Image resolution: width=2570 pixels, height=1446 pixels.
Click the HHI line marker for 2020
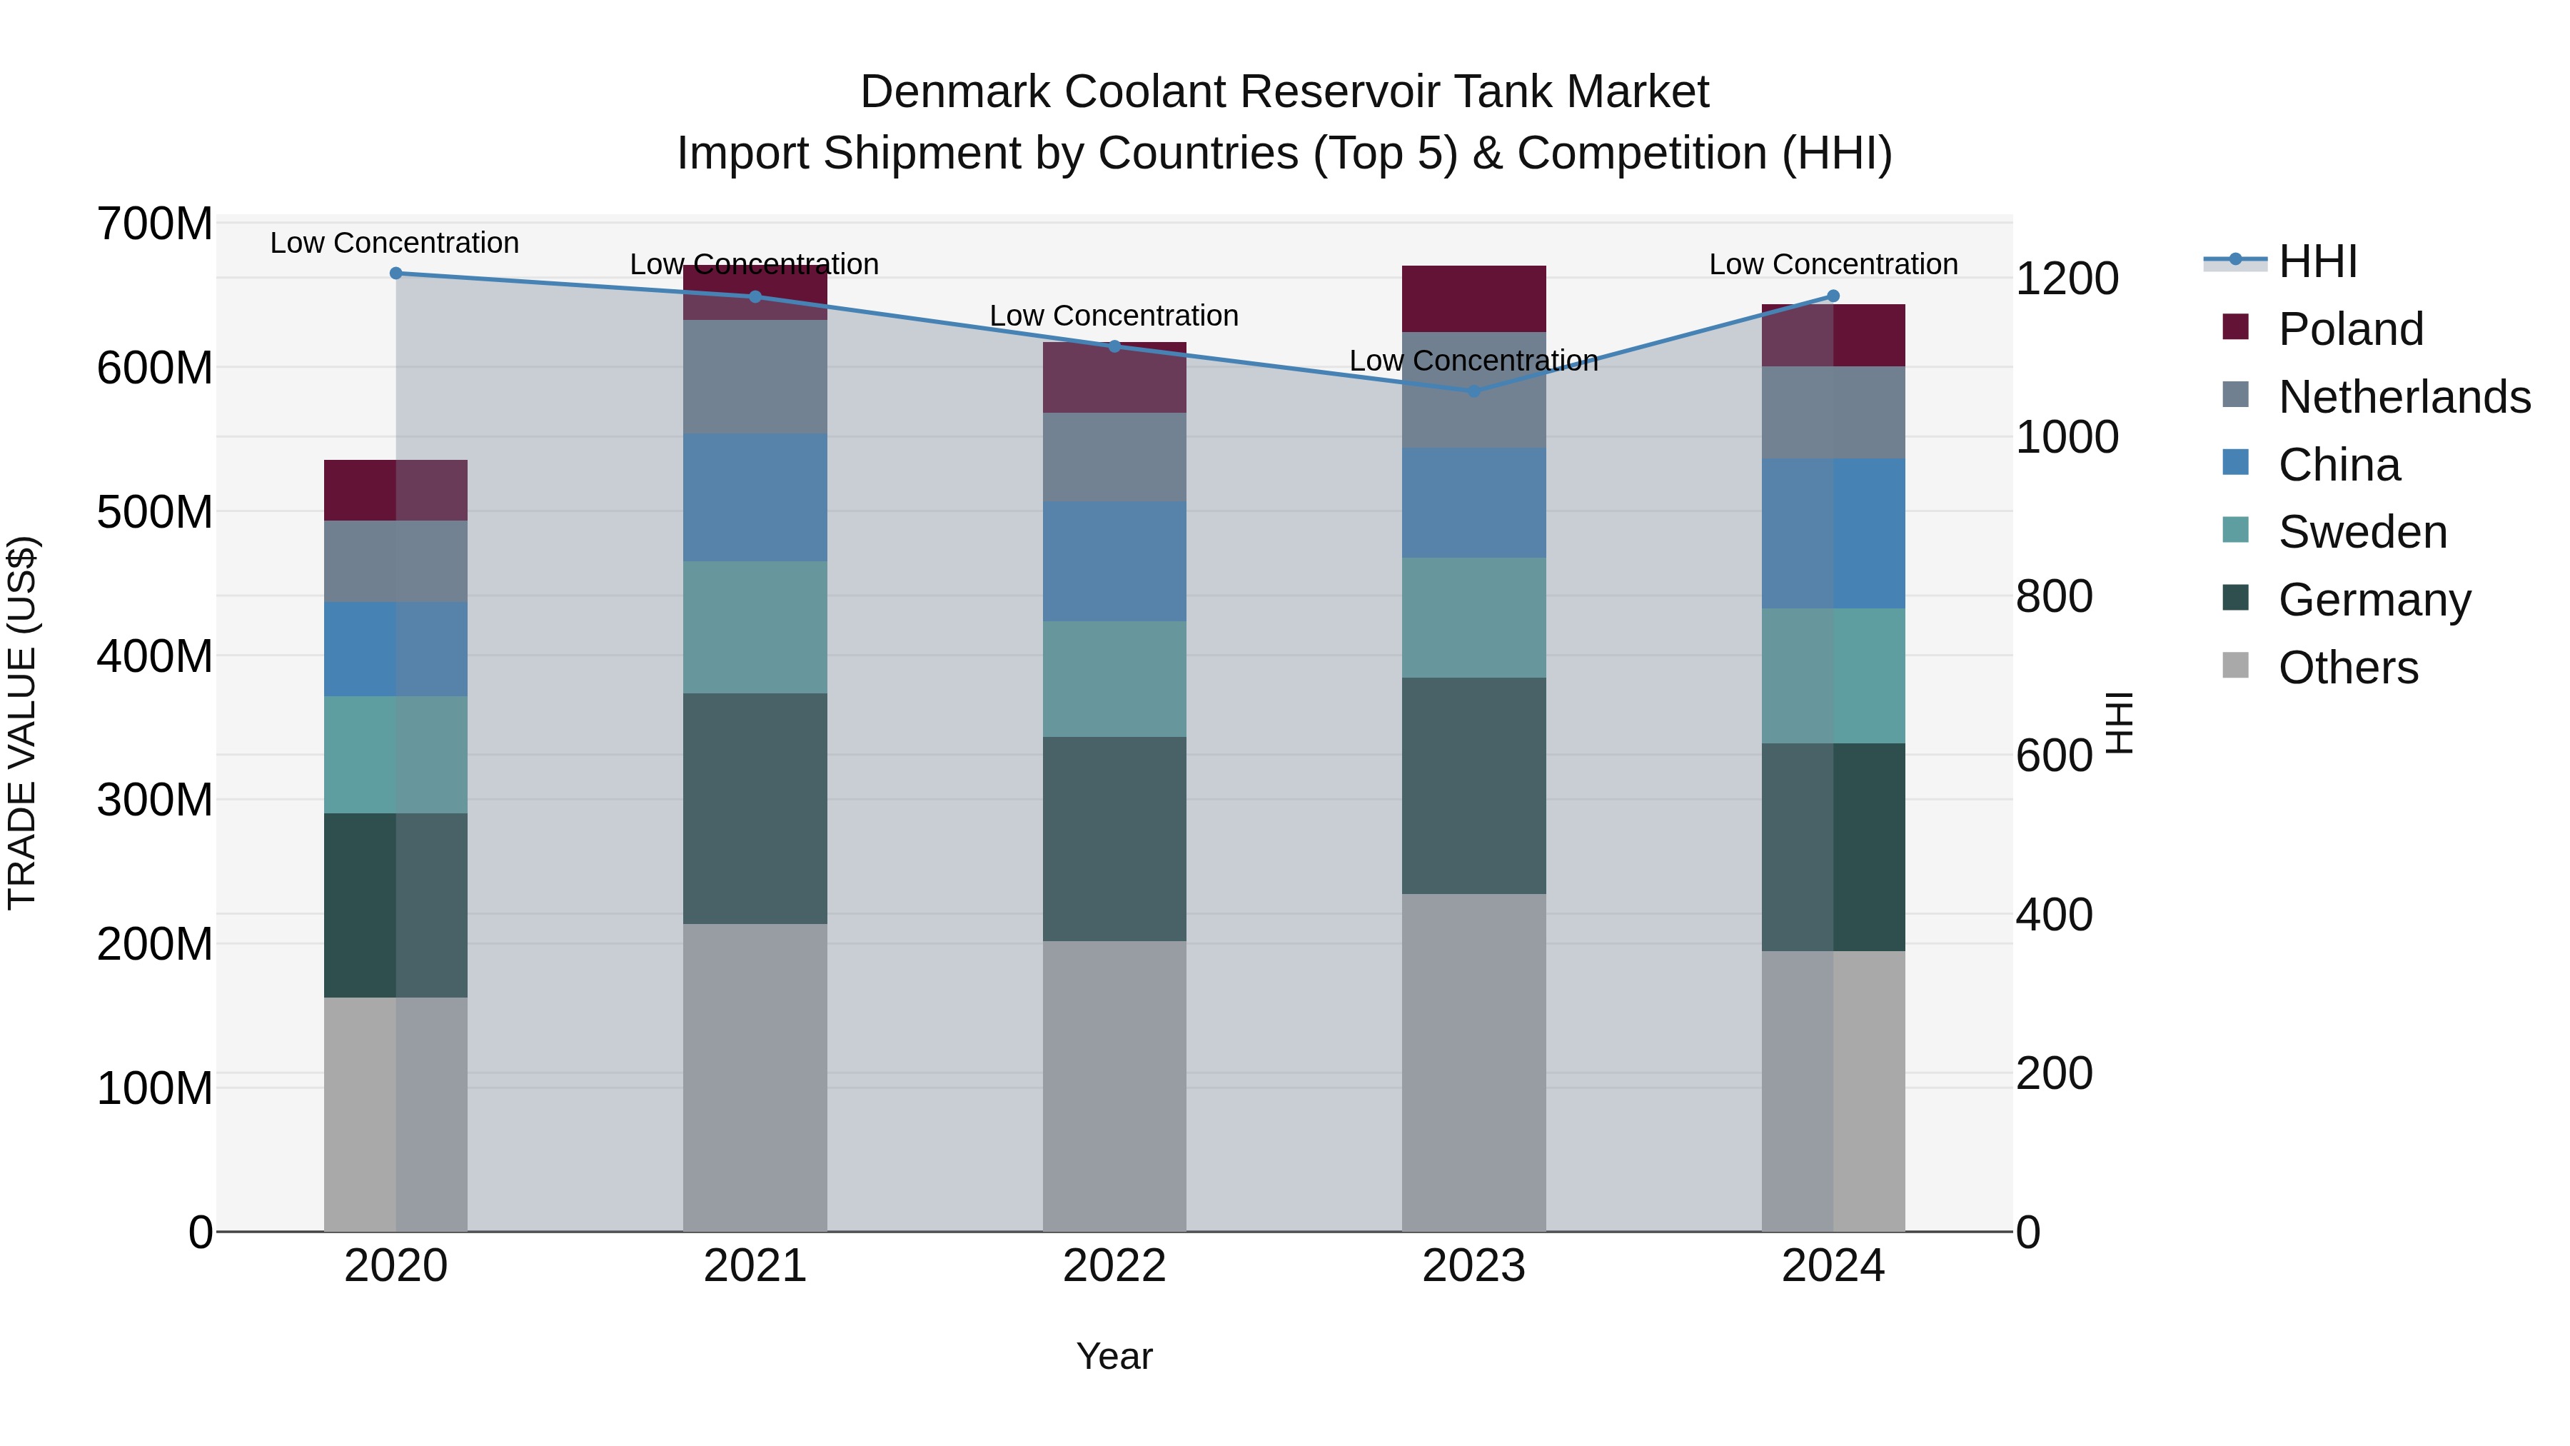pyautogui.click(x=396, y=273)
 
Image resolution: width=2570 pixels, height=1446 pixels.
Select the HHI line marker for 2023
pyautogui.click(x=1473, y=391)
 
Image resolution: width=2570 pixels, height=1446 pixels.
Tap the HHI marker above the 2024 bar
pyautogui.click(x=1833, y=296)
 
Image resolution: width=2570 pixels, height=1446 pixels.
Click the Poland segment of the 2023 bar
pyautogui.click(x=1473, y=298)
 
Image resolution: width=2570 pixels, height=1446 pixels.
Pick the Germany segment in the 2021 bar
pyautogui.click(x=755, y=808)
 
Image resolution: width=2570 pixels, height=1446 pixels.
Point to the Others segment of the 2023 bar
pyautogui.click(x=1473, y=1063)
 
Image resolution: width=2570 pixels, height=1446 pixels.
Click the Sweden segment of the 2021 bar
pyautogui.click(x=755, y=627)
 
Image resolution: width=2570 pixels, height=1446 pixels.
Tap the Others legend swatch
pyautogui.click(x=2236, y=666)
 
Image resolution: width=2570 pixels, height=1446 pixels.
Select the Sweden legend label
pyautogui.click(x=2362, y=532)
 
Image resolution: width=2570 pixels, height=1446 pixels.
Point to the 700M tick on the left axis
pyautogui.click(x=155, y=224)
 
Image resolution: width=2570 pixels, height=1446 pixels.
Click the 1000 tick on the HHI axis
pyautogui.click(x=2067, y=437)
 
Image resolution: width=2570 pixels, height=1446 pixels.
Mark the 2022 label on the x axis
pyautogui.click(x=1114, y=1266)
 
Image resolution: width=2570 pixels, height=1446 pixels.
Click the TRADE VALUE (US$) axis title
pyautogui.click(x=22, y=723)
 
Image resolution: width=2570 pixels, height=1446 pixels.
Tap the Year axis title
pyautogui.click(x=1114, y=1356)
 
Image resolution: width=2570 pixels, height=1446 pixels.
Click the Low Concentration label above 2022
pyautogui.click(x=1114, y=316)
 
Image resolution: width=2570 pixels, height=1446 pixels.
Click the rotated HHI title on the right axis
pyautogui.click(x=2119, y=723)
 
